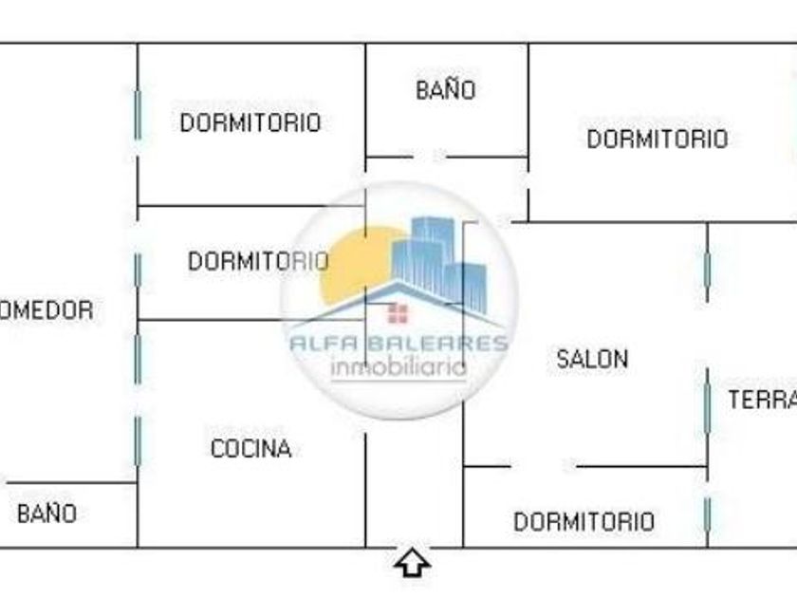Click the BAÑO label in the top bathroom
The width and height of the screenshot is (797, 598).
click(x=445, y=90)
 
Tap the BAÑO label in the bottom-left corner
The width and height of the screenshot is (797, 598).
click(x=46, y=514)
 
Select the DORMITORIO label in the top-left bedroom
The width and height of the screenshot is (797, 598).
click(x=250, y=122)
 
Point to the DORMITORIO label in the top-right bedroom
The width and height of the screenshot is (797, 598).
click(x=657, y=140)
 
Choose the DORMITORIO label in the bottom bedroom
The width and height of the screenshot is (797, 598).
click(x=584, y=521)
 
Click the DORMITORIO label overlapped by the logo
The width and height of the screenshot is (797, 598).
click(x=257, y=261)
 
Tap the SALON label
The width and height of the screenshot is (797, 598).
click(x=592, y=359)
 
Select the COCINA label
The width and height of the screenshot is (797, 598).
click(x=250, y=449)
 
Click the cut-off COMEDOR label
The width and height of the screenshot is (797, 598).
click(x=46, y=310)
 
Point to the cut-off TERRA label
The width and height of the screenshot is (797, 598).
click(x=761, y=401)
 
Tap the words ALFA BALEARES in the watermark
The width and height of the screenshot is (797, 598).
click(x=398, y=344)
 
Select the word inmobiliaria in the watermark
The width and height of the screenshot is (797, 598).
click(x=398, y=367)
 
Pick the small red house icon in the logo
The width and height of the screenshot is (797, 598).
click(x=398, y=313)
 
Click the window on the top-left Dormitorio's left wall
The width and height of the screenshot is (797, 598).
click(x=138, y=114)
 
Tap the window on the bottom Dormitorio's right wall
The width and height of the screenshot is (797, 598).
click(x=707, y=515)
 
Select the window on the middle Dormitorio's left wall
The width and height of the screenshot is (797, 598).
click(x=138, y=271)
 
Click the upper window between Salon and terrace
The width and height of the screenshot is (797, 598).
click(x=707, y=268)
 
